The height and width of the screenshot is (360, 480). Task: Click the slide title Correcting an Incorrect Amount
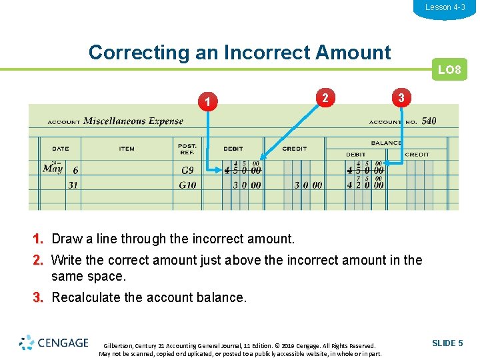pos(239,52)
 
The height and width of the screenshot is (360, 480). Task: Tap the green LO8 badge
pos(449,69)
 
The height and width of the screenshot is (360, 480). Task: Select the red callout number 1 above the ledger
pos(209,102)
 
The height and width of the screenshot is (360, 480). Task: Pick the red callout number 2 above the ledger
pos(325,97)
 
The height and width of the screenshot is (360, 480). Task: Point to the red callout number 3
pos(400,97)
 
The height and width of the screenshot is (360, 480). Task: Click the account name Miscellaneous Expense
pos(133,121)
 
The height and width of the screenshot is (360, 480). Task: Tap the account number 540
pos(429,121)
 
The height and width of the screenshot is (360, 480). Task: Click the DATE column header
pos(60,149)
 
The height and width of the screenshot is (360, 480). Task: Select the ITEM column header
pos(127,149)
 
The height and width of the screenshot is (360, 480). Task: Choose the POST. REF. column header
pos(187,149)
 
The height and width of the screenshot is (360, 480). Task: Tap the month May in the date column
pos(53,169)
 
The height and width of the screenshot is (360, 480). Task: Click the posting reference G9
pos(187,171)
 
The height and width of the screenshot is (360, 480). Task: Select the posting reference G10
pos(187,185)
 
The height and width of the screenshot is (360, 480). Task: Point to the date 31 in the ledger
pos(73,185)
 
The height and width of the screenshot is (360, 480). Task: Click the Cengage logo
pos(54,343)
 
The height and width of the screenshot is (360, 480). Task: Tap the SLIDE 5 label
pos(447,343)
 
